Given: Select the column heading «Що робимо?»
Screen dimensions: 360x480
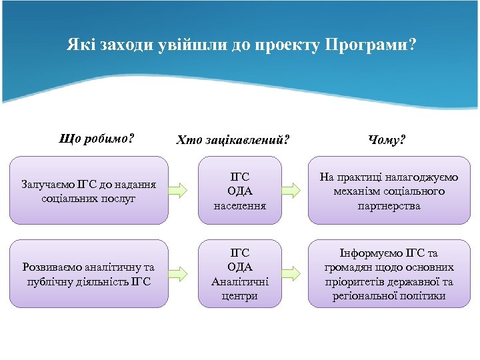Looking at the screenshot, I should (x=96, y=139).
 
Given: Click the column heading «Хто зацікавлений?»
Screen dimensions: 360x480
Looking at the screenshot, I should (x=233, y=140).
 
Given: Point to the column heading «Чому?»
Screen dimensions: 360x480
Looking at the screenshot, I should (x=387, y=140).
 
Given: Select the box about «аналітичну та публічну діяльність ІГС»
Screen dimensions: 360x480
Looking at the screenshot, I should (x=89, y=274).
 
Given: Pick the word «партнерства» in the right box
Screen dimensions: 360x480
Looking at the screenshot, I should (x=389, y=205).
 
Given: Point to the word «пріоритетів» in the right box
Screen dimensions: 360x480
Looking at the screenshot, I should (x=361, y=281).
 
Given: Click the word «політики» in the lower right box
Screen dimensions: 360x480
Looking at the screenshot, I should (x=424, y=295).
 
